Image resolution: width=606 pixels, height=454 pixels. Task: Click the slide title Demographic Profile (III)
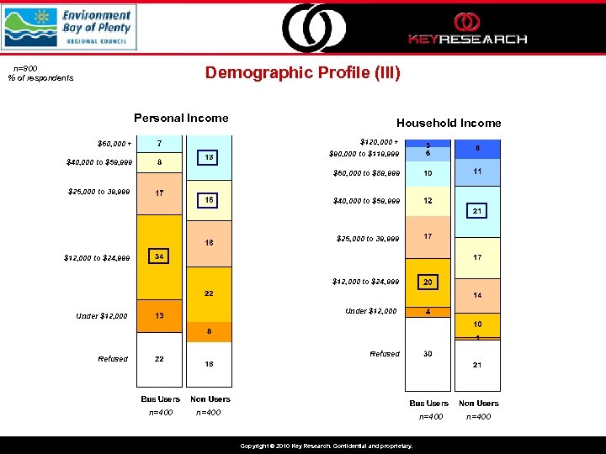(303, 73)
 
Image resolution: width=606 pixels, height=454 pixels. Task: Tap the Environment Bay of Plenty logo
(68, 27)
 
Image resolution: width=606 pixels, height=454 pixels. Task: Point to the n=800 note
(25, 68)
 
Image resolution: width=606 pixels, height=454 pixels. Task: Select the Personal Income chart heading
(181, 118)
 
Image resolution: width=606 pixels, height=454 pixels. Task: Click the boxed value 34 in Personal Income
(158, 256)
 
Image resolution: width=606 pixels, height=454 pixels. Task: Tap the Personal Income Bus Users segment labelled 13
(158, 315)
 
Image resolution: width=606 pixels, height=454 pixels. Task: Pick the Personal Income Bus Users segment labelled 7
(158, 144)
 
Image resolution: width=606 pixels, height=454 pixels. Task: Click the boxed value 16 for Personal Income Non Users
(208, 200)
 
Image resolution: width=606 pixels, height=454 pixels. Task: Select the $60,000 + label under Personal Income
(114, 144)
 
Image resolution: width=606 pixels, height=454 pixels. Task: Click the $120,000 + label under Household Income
(379, 142)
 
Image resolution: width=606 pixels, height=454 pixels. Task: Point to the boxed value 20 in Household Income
(428, 282)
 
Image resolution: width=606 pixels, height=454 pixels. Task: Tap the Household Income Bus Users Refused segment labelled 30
(428, 354)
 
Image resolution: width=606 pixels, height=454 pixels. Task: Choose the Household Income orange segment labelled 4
(428, 312)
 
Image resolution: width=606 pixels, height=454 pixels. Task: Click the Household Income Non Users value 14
(476, 296)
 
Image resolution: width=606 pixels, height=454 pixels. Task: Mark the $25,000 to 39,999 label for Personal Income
(99, 192)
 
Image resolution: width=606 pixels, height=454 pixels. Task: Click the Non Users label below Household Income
(478, 404)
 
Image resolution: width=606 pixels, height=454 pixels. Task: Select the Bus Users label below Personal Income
(161, 399)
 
